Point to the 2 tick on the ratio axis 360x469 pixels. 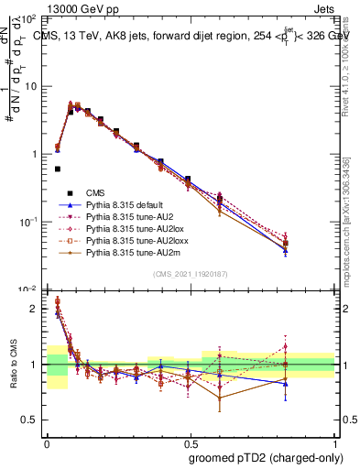[x=36, y=309]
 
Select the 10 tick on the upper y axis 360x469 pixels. [x=32, y=86]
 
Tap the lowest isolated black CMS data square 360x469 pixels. [x=58, y=169]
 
